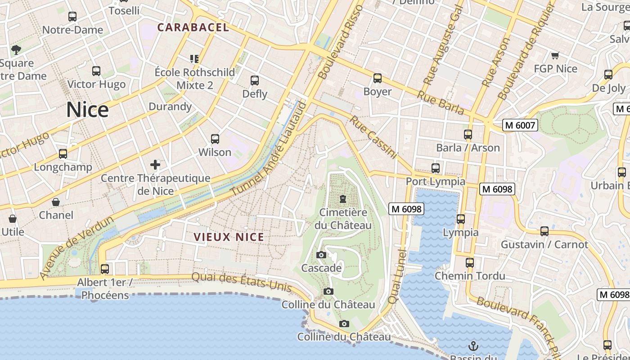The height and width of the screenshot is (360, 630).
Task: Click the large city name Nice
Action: pos(87,110)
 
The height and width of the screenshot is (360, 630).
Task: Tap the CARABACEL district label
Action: pos(193,27)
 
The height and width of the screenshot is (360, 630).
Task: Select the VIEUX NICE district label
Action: pos(229,237)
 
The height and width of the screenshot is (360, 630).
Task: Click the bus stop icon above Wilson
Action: pos(215,139)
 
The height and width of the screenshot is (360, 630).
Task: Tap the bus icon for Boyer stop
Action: pos(378,78)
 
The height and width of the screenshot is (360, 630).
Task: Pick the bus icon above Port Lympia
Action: pos(436,168)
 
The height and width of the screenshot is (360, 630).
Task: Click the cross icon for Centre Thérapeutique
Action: pos(155,165)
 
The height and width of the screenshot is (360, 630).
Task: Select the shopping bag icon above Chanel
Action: pos(56,202)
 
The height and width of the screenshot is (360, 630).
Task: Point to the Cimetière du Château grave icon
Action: pos(343,199)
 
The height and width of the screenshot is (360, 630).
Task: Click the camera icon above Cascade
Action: pos(321,255)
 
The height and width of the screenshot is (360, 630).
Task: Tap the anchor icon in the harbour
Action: pos(473,346)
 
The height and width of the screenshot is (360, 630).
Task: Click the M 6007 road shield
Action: pos(520,125)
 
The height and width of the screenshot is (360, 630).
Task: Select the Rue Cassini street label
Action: pos(373,138)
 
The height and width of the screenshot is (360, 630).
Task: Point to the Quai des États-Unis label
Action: pos(242,282)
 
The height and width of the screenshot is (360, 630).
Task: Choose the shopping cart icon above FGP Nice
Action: pos(555,56)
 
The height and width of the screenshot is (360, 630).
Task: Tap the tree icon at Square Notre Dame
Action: pos(16,49)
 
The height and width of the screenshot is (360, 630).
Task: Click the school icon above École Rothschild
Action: pos(194,59)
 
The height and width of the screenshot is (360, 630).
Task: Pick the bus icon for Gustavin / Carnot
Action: pos(544,231)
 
